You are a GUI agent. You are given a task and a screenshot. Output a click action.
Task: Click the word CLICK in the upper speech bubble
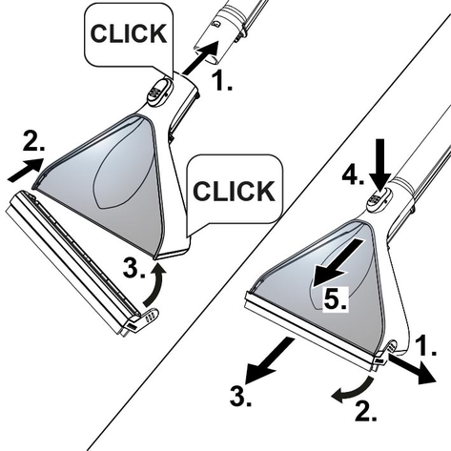(x=129, y=33)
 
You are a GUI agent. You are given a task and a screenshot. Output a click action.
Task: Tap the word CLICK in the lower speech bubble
(x=234, y=191)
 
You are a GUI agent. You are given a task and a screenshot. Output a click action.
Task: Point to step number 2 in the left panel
(x=33, y=141)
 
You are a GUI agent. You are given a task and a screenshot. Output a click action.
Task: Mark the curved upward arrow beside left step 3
(x=154, y=287)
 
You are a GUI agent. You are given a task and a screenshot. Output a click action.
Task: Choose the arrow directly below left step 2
(x=26, y=170)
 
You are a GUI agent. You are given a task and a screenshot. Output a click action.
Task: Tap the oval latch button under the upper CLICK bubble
(x=159, y=91)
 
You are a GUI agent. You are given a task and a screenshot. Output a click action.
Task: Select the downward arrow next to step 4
(x=380, y=165)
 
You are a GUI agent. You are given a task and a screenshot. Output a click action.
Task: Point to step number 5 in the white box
(x=336, y=299)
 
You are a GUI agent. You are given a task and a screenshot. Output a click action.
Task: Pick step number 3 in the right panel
(x=240, y=396)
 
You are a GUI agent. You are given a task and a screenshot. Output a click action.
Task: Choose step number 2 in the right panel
(x=366, y=411)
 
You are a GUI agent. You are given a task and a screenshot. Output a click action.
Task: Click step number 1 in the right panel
(x=426, y=345)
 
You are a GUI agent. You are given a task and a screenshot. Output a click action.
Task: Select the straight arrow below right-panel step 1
(x=412, y=369)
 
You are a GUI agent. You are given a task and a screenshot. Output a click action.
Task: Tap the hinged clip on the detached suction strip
(x=147, y=317)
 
